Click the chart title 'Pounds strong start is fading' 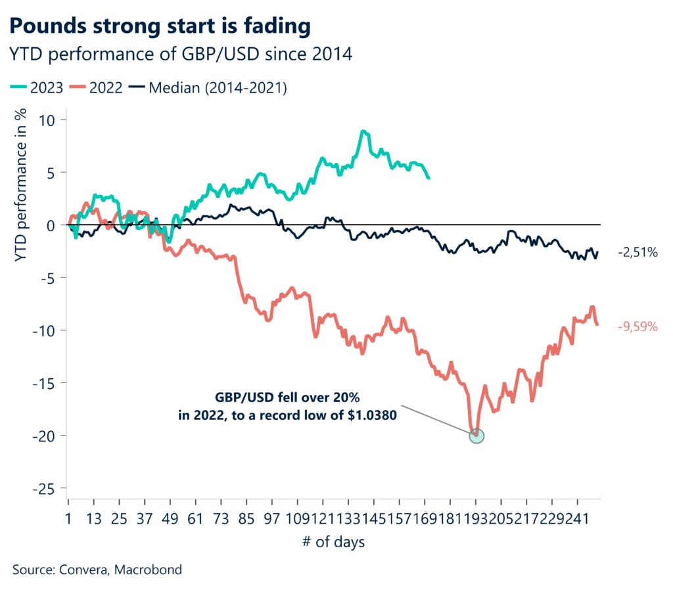tap(160, 27)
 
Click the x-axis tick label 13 tap(94, 519)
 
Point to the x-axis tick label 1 tap(69, 519)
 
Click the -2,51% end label tap(637, 252)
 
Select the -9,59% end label tap(637, 326)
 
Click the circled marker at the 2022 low tap(477, 435)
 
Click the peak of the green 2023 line tap(363, 132)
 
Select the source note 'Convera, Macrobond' tap(97, 570)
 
